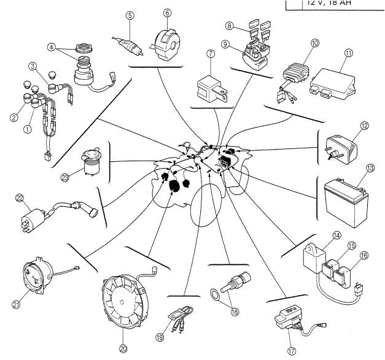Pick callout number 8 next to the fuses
tap(228, 26)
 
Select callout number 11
tap(348, 53)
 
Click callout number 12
tap(364, 126)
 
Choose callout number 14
tap(336, 235)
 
